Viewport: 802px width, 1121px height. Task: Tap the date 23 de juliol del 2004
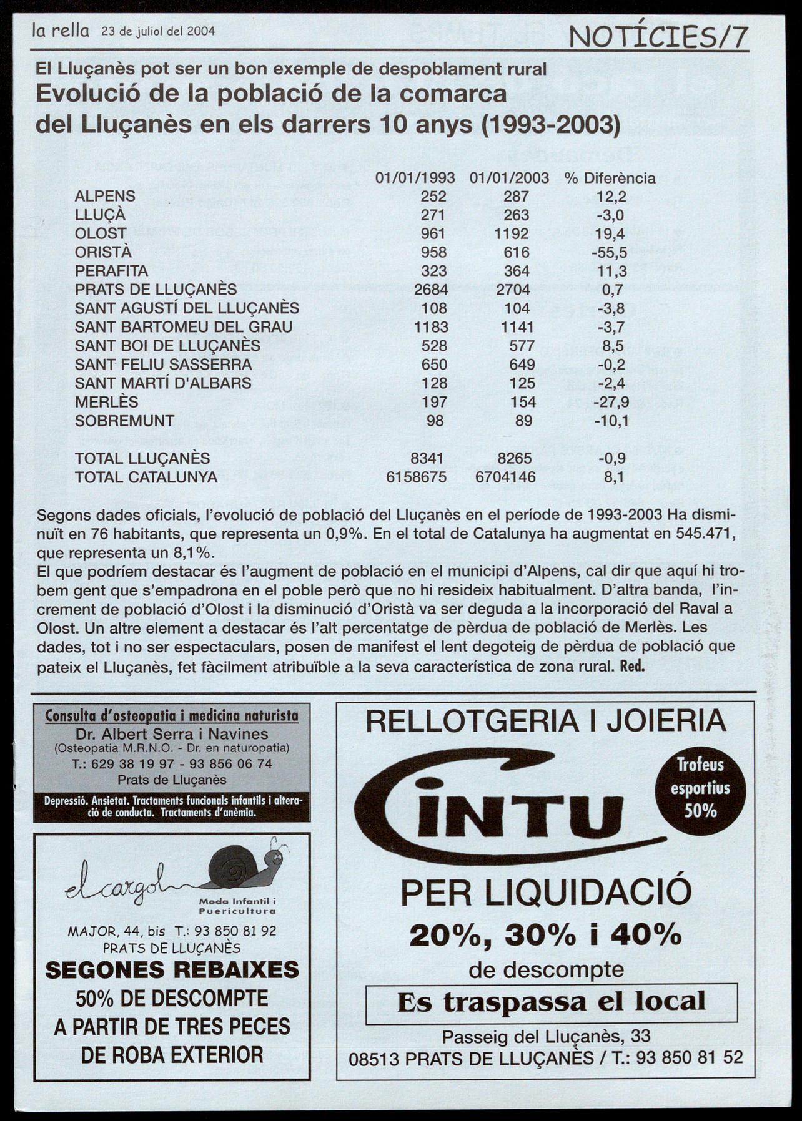158,31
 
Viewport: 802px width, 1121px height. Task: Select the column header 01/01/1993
415,178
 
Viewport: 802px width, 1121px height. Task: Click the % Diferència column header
610,178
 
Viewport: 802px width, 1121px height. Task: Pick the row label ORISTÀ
103,252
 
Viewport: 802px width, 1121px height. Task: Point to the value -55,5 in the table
609,253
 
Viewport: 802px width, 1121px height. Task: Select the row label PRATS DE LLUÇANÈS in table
156,290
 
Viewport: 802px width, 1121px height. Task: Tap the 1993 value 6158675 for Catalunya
417,477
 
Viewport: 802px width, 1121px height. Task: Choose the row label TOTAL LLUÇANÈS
142,459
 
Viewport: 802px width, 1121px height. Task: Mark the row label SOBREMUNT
124,421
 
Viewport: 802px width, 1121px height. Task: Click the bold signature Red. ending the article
631,666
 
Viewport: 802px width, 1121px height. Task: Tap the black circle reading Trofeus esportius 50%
701,788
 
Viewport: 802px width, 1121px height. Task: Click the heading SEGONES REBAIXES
172,969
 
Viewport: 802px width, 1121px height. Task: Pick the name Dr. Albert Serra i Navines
172,733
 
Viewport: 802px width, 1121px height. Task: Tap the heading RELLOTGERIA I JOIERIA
545,722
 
